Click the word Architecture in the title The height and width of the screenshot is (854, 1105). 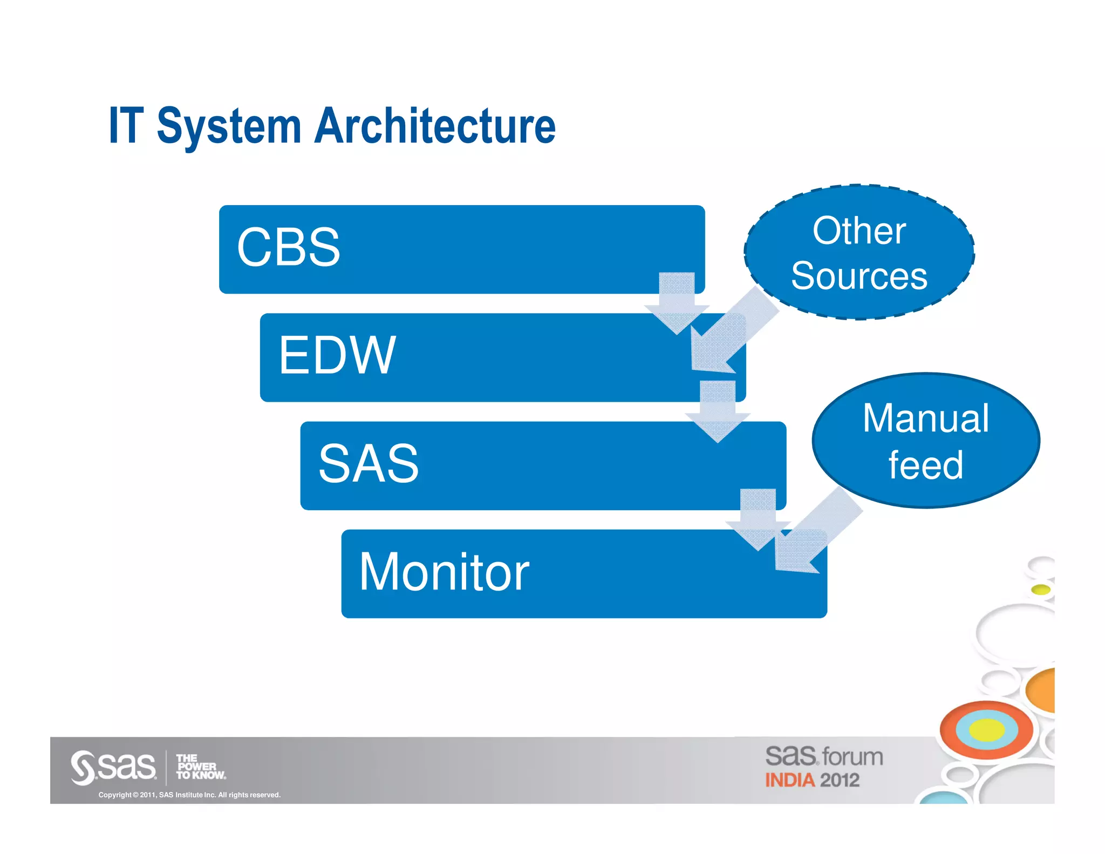tap(435, 126)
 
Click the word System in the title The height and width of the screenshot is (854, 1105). tap(229, 127)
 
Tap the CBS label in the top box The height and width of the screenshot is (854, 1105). tap(289, 247)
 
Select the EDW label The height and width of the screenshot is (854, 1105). tap(337, 355)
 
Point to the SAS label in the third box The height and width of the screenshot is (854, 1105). tap(369, 463)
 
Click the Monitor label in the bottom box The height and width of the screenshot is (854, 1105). tap(444, 572)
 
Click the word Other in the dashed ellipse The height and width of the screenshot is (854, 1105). tap(859, 231)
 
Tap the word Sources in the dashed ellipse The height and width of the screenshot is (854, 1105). tap(859, 276)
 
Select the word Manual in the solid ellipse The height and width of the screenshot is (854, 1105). tap(926, 418)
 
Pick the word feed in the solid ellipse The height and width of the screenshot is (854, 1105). tap(926, 465)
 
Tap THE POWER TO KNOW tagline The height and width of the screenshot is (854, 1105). tap(200, 767)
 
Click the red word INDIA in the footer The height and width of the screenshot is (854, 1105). tap(789, 781)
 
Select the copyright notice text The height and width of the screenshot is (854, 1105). tap(189, 795)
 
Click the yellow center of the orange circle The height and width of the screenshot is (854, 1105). tap(987, 730)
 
